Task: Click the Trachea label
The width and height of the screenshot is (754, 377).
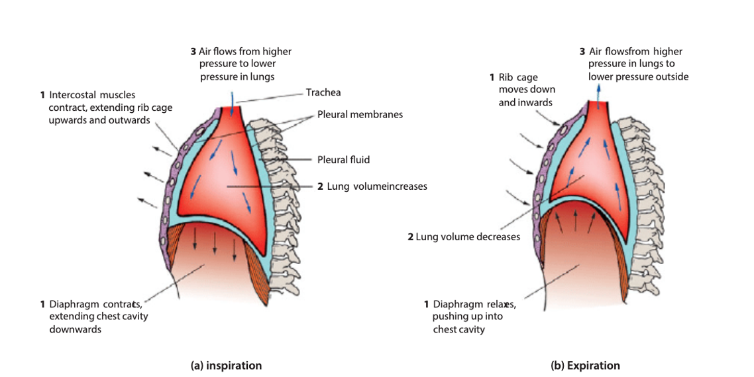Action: point(323,93)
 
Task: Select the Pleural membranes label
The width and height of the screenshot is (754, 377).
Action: point(360,114)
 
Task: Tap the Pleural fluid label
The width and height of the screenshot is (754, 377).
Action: point(343,160)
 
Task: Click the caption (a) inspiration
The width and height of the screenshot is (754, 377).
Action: point(226,366)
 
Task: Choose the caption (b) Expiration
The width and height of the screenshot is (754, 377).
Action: point(585,366)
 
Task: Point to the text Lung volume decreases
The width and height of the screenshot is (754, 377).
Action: point(468,237)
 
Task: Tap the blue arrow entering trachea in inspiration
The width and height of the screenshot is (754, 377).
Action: point(232,98)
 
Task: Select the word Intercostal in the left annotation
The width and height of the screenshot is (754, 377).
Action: point(72,96)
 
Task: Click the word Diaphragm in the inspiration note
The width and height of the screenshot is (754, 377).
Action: point(74,304)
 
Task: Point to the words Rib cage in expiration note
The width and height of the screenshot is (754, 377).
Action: point(518,78)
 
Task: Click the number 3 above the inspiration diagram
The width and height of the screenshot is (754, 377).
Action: point(193,51)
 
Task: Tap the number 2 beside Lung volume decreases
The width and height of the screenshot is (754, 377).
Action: point(410,237)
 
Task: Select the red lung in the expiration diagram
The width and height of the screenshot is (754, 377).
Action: point(586,166)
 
